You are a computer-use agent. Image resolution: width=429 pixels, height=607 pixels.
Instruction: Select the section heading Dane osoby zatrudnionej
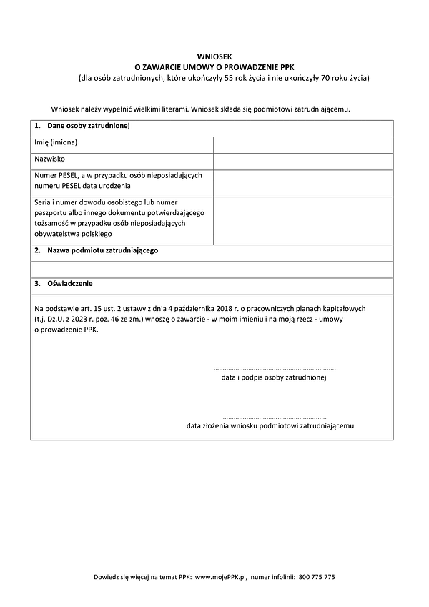click(87, 127)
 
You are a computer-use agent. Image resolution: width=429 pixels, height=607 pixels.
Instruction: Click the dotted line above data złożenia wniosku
click(275, 416)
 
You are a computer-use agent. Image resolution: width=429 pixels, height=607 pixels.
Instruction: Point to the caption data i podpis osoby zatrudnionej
click(275, 377)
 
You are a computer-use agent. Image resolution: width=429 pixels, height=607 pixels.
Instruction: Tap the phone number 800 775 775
click(317, 576)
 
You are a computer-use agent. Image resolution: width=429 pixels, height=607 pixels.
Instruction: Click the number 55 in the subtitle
click(229, 77)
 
